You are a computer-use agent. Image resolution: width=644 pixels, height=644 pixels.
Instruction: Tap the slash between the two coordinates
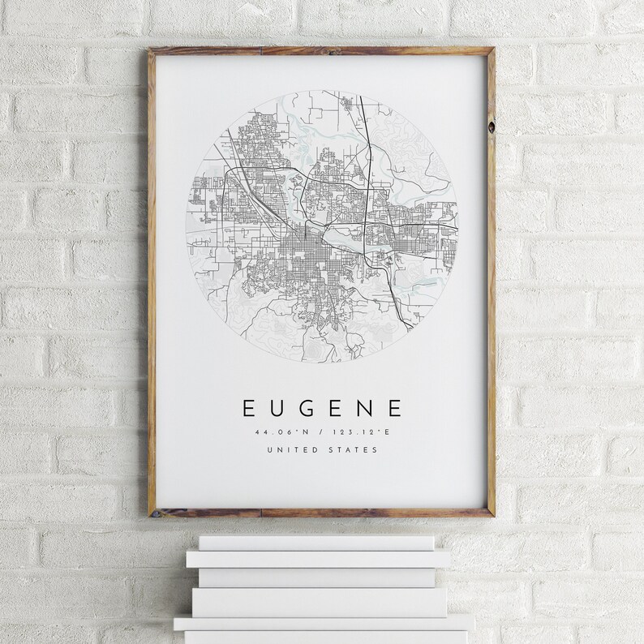322,433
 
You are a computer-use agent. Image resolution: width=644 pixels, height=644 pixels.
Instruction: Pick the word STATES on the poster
354,451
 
